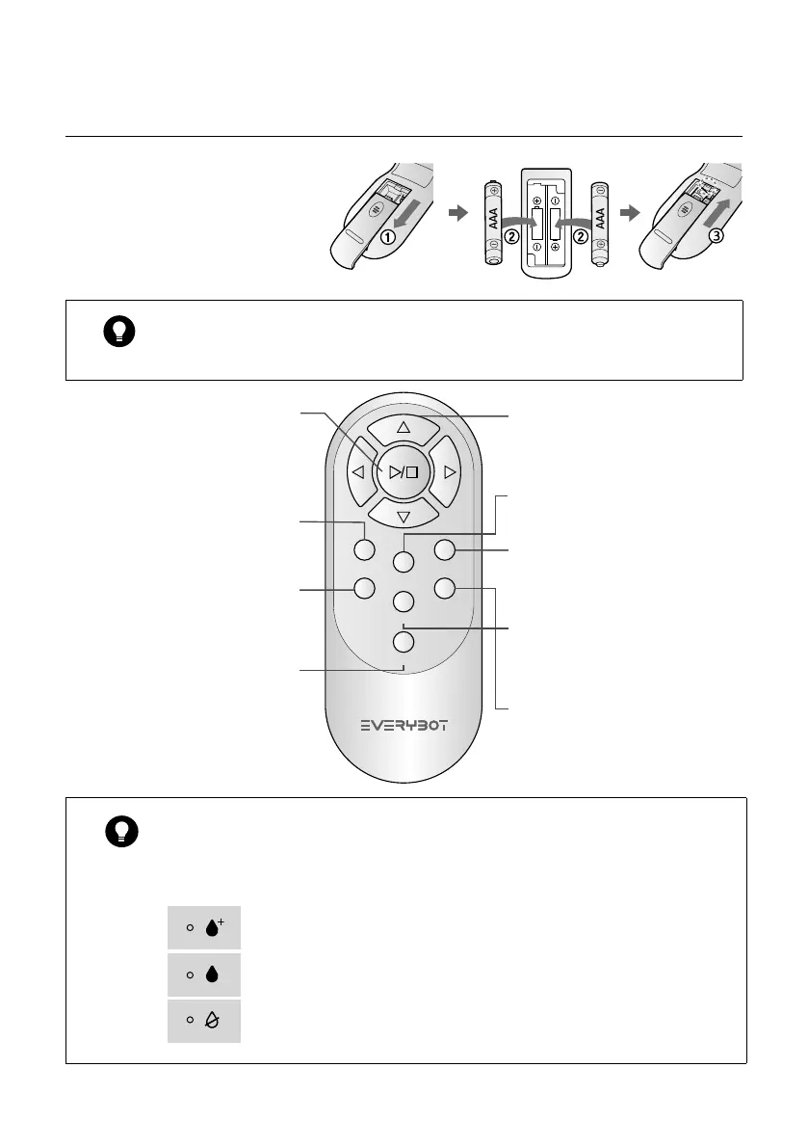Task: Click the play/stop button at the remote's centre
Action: click(403, 471)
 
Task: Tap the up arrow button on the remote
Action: click(404, 427)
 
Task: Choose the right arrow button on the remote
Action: click(447, 472)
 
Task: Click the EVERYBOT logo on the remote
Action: click(404, 724)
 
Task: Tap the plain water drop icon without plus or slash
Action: click(213, 974)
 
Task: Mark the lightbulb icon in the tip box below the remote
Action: click(123, 831)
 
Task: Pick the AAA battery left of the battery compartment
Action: click(492, 223)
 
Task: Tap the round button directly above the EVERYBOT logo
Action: click(404, 642)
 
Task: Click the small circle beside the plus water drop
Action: click(190, 927)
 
